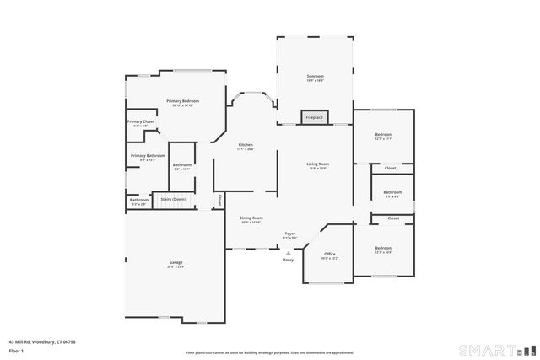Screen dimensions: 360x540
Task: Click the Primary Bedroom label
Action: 182,101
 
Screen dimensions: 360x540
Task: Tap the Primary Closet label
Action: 141,121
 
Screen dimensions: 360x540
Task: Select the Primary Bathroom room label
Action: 147,155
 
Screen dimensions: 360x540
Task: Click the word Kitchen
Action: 246,144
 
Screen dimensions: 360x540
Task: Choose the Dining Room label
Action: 251,218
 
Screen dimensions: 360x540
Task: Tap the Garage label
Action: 175,262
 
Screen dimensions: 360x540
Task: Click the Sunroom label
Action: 315,77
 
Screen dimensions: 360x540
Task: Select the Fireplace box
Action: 314,117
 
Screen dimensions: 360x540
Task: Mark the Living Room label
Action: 317,164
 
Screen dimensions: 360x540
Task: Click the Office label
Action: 330,254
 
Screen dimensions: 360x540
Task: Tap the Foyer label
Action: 289,233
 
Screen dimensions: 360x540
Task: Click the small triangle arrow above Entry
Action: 289,252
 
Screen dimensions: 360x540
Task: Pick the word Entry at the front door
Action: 289,260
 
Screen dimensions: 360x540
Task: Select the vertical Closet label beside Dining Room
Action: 219,201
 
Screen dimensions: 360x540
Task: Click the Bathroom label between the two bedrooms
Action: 392,192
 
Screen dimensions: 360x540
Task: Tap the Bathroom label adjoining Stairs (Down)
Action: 138,200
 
